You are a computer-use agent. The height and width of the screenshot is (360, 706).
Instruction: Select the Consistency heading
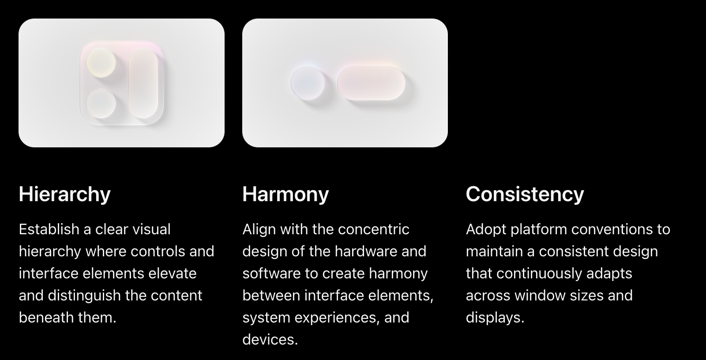[x=525, y=194]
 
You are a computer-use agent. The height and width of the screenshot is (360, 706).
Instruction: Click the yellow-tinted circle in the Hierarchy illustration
[x=101, y=62]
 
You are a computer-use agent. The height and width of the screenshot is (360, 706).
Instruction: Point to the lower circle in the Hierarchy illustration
[x=101, y=103]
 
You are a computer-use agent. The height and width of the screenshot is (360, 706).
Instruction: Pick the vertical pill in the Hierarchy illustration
[x=143, y=83]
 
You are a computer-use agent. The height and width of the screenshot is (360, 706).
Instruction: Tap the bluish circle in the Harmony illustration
[x=308, y=83]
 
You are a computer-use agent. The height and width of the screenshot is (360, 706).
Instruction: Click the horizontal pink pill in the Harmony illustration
[x=371, y=83]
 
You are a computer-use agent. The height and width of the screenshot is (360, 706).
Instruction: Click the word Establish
[x=49, y=229]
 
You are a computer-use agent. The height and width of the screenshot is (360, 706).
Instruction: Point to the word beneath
[x=46, y=318]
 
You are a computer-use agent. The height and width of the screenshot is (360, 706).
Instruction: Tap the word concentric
[x=373, y=229]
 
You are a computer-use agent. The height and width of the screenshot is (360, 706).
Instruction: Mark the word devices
[x=270, y=340]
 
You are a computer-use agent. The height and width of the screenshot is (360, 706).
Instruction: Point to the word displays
[x=495, y=318]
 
